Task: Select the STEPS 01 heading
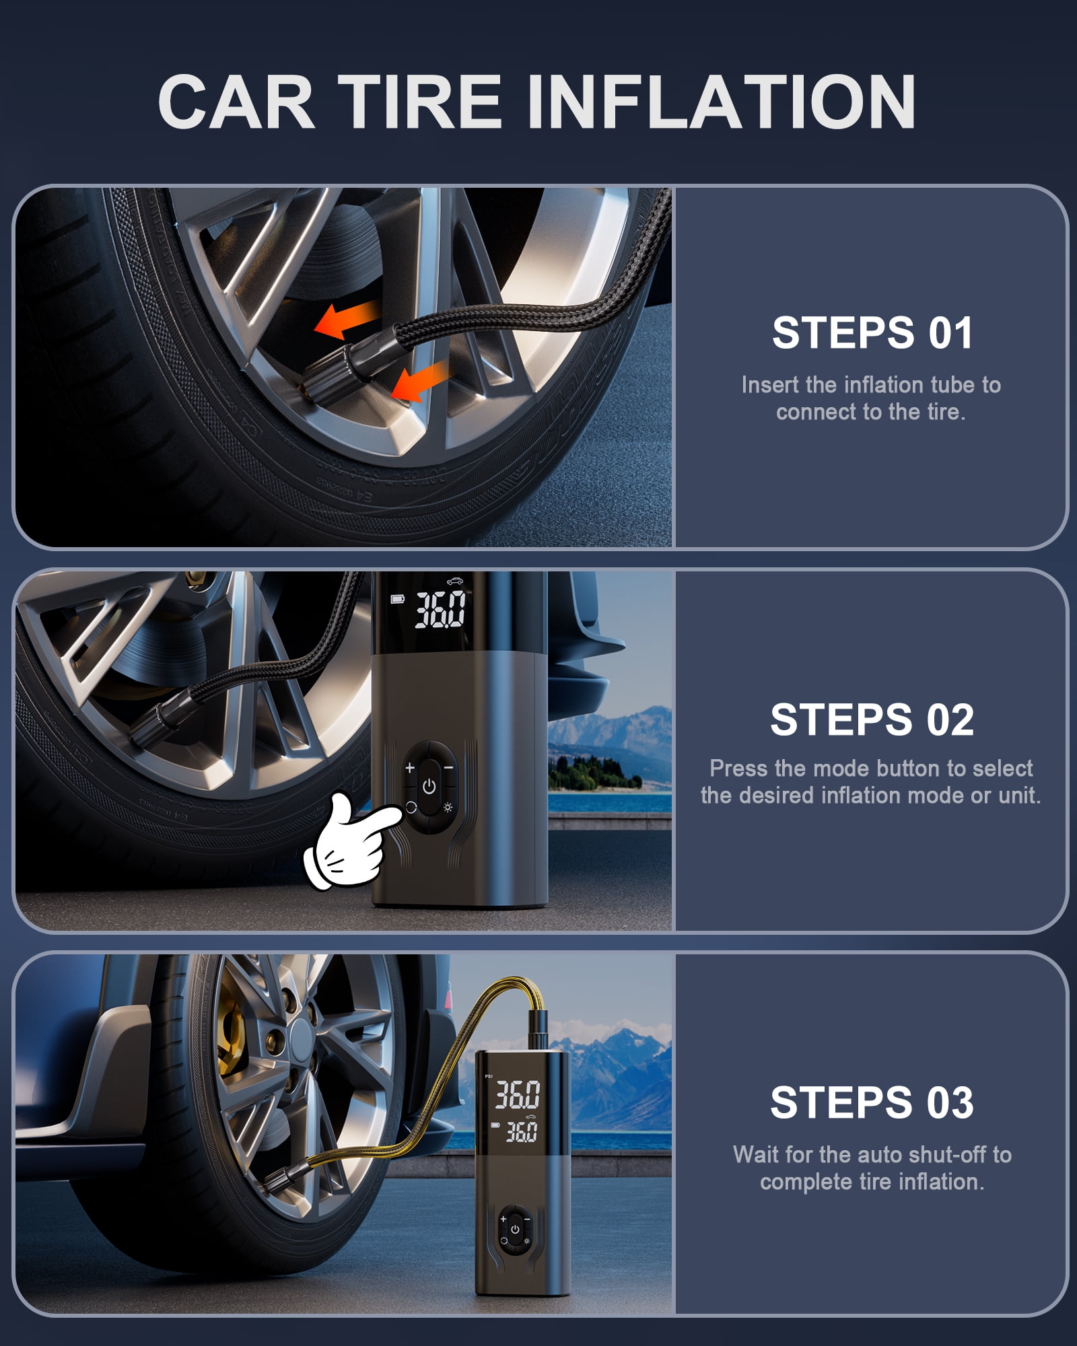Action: point(872,332)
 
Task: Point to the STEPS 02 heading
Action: point(872,719)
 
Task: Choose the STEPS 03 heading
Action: point(872,1102)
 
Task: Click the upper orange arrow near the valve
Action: point(347,319)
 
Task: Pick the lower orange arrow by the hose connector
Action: point(419,382)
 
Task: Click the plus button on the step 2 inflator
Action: point(409,768)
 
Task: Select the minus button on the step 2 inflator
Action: point(448,768)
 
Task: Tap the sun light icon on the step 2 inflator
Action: point(448,808)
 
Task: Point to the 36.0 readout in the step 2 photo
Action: point(440,610)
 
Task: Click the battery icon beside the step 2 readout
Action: point(398,598)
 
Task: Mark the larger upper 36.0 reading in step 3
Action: point(517,1095)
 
